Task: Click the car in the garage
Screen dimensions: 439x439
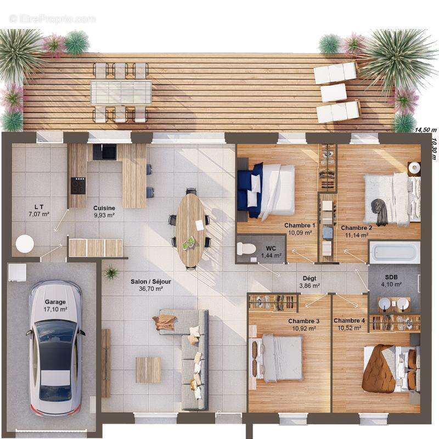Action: pos(55,348)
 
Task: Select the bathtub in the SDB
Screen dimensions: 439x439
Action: pos(395,252)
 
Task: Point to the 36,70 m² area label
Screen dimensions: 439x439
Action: pos(150,289)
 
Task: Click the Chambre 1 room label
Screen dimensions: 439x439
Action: pos(300,226)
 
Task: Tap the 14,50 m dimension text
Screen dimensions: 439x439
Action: pos(425,130)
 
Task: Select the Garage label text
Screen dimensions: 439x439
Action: pos(55,302)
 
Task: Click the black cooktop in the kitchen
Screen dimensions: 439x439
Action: pos(78,185)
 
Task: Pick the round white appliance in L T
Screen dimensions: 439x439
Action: pos(25,243)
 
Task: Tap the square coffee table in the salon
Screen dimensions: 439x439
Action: pos(148,369)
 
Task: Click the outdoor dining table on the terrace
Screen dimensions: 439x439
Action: pos(121,92)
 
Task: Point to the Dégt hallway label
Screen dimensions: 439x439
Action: pos(309,278)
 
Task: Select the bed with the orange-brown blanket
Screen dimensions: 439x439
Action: pos(384,368)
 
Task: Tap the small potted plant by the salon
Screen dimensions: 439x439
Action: pos(111,272)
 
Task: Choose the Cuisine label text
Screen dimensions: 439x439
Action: pos(104,208)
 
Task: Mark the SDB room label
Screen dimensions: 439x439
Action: pos(392,277)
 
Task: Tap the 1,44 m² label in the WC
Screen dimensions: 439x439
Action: pos(271,256)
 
